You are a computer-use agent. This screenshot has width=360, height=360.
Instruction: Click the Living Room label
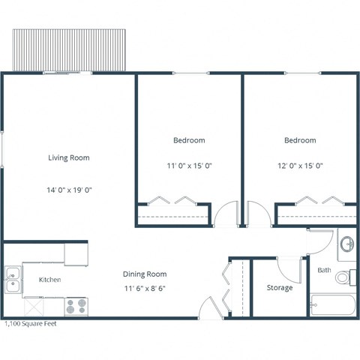pyautogui.click(x=69, y=158)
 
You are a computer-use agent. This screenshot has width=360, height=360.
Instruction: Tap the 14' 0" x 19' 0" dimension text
pyautogui.click(x=69, y=190)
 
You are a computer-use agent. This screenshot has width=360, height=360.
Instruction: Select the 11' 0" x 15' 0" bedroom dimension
pyautogui.click(x=189, y=166)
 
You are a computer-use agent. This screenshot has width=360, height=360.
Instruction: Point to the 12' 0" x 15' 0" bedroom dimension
pyautogui.click(x=299, y=166)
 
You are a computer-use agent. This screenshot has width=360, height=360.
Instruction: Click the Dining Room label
pyautogui.click(x=145, y=274)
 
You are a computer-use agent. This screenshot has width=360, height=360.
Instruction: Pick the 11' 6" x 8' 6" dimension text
pyautogui.click(x=145, y=288)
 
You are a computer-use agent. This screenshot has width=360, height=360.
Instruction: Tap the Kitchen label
pyautogui.click(x=49, y=280)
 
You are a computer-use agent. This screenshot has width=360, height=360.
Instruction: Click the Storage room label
pyautogui.click(x=280, y=288)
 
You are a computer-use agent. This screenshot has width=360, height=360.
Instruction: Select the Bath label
pyautogui.click(x=324, y=270)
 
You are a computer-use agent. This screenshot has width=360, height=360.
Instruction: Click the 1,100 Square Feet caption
pyautogui.click(x=31, y=324)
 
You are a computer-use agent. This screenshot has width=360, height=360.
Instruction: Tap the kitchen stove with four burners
pyautogui.click(x=76, y=306)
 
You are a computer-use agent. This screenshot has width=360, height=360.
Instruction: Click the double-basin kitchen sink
pyautogui.click(x=12, y=280)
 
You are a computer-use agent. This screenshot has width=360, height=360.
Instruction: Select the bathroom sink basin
pyautogui.click(x=347, y=244)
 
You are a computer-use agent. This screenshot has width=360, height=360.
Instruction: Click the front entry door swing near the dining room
pyautogui.click(x=210, y=307)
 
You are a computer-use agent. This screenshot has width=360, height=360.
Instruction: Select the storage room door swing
pyautogui.click(x=289, y=267)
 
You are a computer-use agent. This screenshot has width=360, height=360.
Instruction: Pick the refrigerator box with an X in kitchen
pyautogui.click(x=36, y=306)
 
